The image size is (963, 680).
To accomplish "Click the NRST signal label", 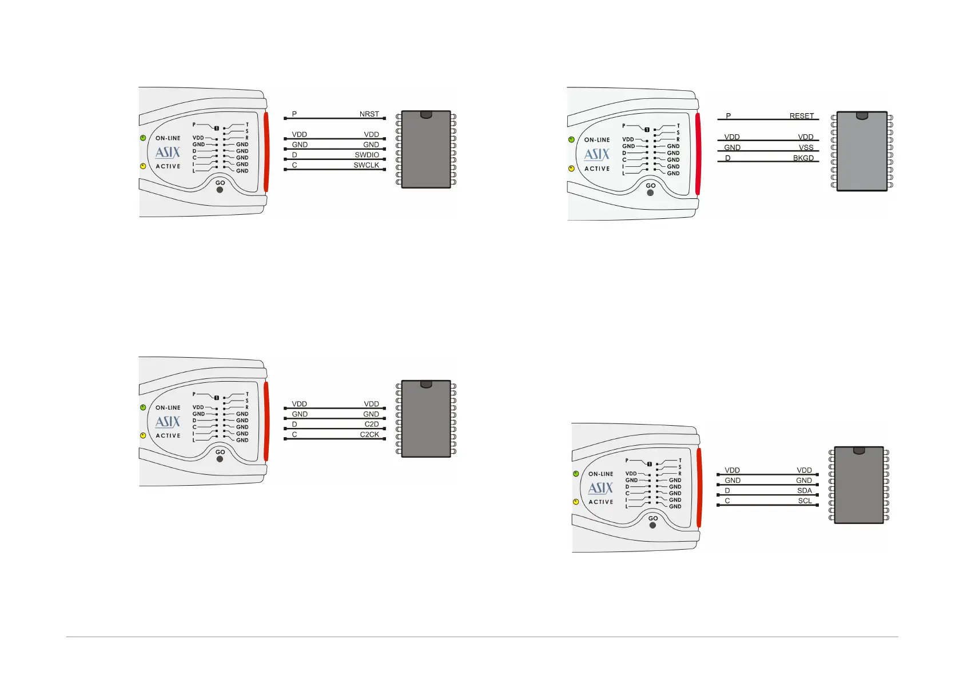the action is pyautogui.click(x=369, y=114).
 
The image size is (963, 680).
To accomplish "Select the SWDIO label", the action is pyautogui.click(x=367, y=155).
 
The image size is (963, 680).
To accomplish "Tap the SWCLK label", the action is pyautogui.click(x=366, y=165).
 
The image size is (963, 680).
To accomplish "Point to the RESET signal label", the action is pyautogui.click(x=801, y=116).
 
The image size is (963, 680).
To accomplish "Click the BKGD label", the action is pyautogui.click(x=803, y=158).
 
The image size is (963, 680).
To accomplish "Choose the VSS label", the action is pyautogui.click(x=806, y=147).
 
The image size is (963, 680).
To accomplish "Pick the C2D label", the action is pyautogui.click(x=372, y=424).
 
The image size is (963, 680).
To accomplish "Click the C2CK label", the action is pyautogui.click(x=369, y=434).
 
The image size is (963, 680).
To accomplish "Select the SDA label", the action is pyautogui.click(x=804, y=491).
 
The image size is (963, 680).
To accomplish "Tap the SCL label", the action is pyautogui.click(x=805, y=501).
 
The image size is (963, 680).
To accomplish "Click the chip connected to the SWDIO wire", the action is pyautogui.click(x=426, y=150).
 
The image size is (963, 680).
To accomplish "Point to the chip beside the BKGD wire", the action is pyautogui.click(x=862, y=151).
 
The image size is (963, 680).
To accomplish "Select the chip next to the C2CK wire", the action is pyautogui.click(x=426, y=419).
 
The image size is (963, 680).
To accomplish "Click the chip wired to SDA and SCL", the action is pyautogui.click(x=859, y=485).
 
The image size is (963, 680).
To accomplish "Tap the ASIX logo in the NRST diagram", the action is pyautogui.click(x=168, y=153).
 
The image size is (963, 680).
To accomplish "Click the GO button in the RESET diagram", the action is pyautogui.click(x=650, y=193).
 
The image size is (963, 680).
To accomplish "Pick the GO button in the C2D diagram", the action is pyautogui.click(x=220, y=459).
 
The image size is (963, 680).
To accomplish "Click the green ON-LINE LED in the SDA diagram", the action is pyautogui.click(x=576, y=474).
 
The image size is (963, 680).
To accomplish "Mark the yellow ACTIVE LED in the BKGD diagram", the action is pyautogui.click(x=571, y=169).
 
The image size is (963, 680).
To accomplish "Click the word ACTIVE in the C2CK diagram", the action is pyautogui.click(x=168, y=435).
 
